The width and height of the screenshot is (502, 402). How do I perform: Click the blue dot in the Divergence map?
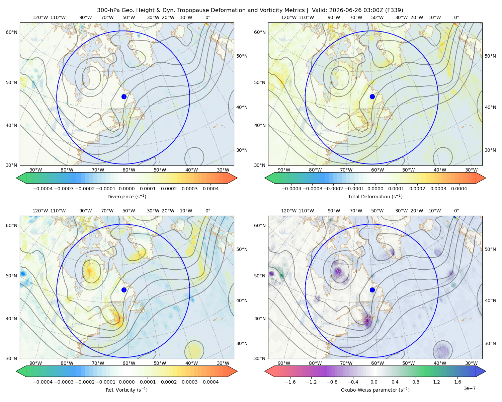[x=124, y=97]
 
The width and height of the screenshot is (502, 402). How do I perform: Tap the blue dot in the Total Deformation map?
[x=372, y=97]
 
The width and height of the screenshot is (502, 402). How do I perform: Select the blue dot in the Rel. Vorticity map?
[x=124, y=290]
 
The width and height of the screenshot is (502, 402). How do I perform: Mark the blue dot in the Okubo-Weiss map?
[x=372, y=290]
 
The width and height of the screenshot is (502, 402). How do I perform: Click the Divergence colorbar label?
[x=127, y=197]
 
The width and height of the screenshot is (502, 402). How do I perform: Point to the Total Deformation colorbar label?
[x=375, y=197]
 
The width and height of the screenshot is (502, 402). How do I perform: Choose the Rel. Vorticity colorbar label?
[x=127, y=390]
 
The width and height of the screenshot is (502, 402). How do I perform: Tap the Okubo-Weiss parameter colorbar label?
[x=375, y=390]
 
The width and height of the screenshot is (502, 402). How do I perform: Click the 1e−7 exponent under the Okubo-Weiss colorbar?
[x=469, y=389]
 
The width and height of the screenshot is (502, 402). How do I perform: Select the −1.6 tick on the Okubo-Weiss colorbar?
[x=290, y=382]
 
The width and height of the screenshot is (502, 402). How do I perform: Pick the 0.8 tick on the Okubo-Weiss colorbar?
[x=416, y=382]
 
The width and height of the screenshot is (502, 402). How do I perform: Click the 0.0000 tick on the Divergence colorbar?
[x=127, y=189]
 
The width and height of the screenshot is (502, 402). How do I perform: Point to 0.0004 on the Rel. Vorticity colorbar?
[x=211, y=382]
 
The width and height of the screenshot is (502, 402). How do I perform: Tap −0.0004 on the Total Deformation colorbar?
[x=291, y=189]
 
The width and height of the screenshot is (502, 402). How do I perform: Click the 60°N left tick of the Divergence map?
[x=11, y=32]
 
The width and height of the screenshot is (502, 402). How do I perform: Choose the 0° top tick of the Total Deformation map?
[x=456, y=17]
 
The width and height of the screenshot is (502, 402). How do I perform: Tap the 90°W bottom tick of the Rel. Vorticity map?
[x=35, y=363]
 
